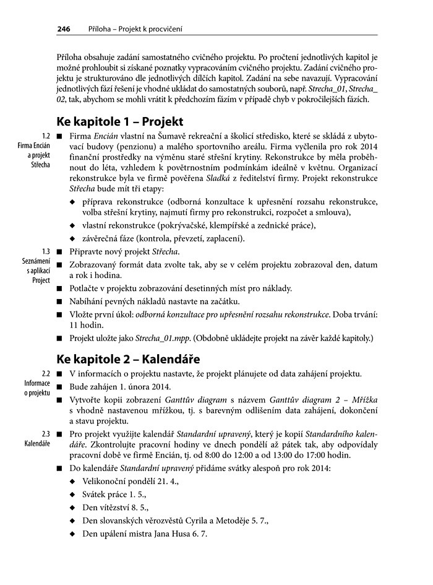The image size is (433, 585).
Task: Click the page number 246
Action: [x=63, y=28]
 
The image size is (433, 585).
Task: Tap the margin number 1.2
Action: [x=45, y=136]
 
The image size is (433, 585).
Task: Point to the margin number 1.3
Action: [x=45, y=252]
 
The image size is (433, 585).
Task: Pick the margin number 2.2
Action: [x=45, y=373]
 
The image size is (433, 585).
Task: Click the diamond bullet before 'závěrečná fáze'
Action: [x=74, y=239]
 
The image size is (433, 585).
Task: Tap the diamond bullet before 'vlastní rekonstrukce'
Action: [x=74, y=226]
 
